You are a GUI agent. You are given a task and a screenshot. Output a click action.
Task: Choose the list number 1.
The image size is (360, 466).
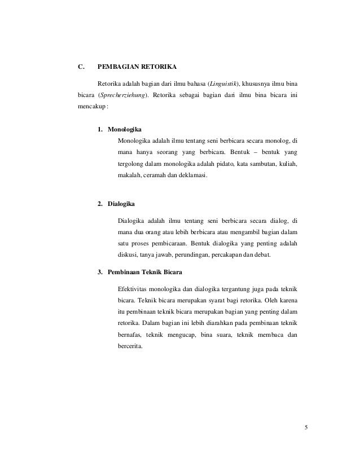100,129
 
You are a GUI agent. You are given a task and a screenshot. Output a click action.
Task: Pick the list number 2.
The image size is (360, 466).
100,202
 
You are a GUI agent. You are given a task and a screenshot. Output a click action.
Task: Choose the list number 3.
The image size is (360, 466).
100,273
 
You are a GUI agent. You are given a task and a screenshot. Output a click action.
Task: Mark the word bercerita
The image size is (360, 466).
130,346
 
